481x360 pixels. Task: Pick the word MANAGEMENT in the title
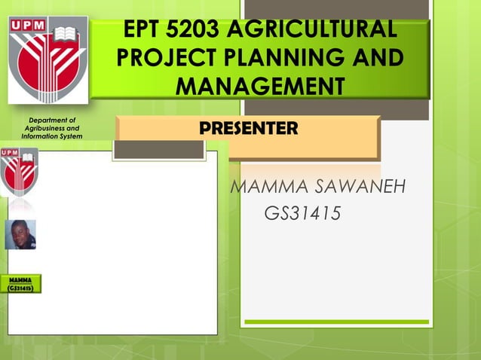[x=259, y=85]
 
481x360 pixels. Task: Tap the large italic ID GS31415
[x=302, y=215]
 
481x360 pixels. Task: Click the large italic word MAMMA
[x=267, y=185]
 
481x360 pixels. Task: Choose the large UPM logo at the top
[x=47, y=60]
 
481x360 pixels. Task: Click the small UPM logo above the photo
[x=20, y=172]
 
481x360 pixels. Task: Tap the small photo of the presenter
[x=20, y=234]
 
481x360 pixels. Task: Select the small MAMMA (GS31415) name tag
[x=20, y=284]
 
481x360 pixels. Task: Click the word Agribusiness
[x=52, y=128]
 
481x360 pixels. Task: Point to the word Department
[x=52, y=120]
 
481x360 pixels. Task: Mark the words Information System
[x=52, y=136]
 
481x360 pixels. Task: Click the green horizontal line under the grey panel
[x=336, y=322]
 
